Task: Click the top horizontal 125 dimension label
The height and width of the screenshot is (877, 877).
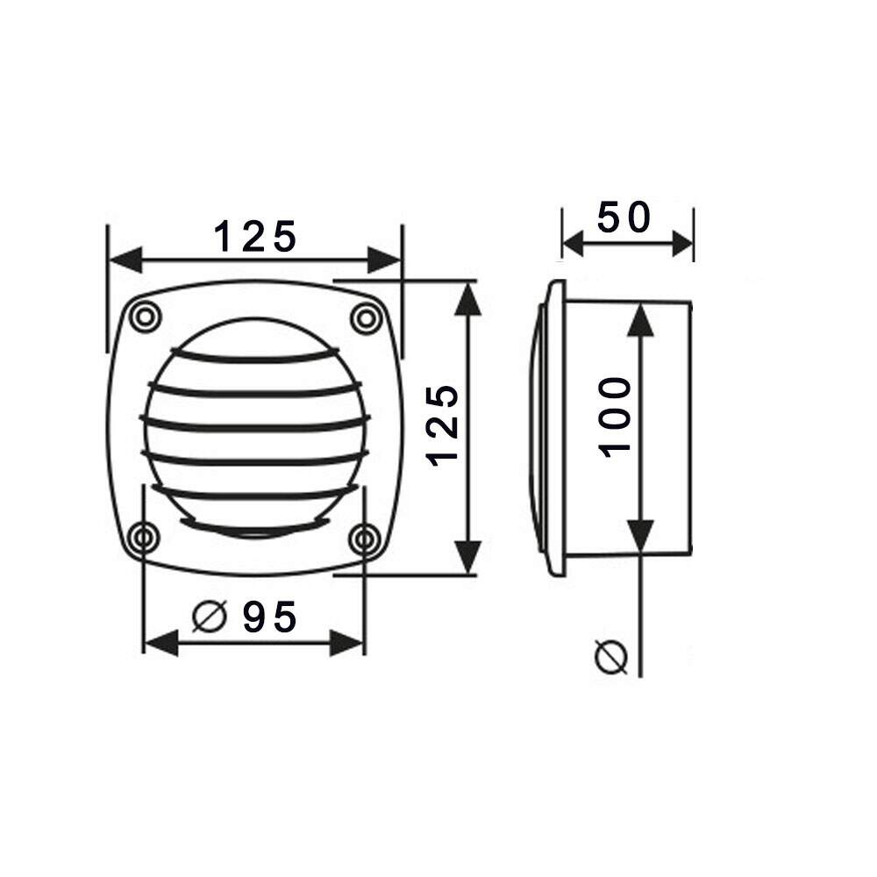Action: tap(255, 237)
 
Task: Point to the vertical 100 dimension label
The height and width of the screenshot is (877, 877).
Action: tap(615, 417)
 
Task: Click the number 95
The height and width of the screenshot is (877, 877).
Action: tap(269, 617)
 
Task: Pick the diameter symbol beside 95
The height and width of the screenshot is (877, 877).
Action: tap(210, 617)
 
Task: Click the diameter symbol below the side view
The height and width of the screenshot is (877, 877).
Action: tap(611, 656)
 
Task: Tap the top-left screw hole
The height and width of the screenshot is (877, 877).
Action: tap(146, 317)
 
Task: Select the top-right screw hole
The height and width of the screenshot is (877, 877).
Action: tap(367, 318)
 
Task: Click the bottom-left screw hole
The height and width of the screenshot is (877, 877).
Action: tap(144, 538)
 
